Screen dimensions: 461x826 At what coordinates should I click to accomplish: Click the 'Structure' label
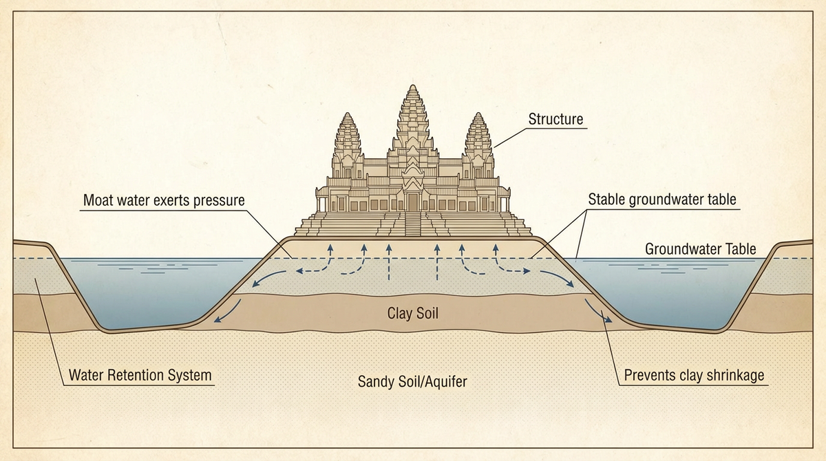(555, 119)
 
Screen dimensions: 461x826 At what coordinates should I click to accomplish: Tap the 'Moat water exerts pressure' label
(164, 201)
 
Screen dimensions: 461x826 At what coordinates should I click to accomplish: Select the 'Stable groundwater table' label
(662, 200)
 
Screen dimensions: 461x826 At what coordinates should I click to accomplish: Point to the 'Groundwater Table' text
(700, 249)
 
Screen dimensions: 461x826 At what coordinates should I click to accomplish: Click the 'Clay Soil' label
(413, 314)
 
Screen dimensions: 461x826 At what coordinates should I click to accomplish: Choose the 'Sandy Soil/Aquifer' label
(412, 380)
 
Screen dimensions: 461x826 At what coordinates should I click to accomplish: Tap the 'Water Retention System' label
(140, 376)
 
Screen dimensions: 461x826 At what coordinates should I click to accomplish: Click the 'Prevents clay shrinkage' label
(694, 376)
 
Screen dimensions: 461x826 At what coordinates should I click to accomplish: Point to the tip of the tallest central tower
(413, 87)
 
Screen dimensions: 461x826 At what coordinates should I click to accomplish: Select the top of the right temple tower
(478, 114)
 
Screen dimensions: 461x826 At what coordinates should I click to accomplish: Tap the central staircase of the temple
(413, 224)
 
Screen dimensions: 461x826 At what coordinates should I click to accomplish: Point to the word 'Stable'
(606, 200)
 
